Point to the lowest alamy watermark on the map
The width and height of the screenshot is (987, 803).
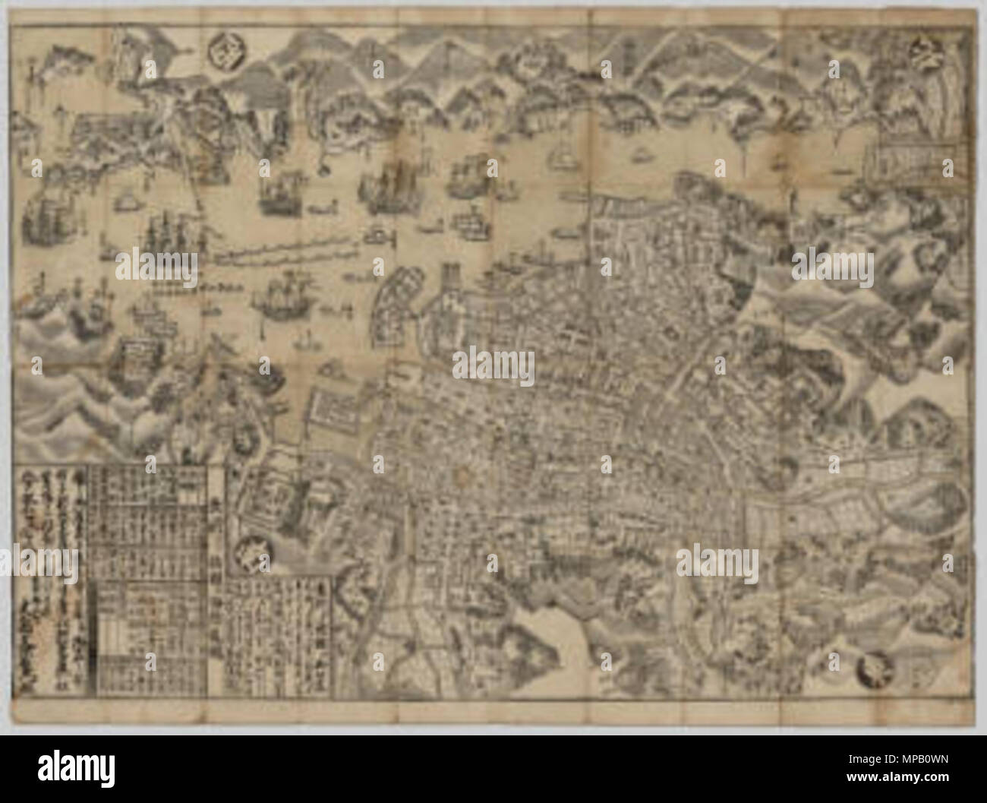coord(718,562)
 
